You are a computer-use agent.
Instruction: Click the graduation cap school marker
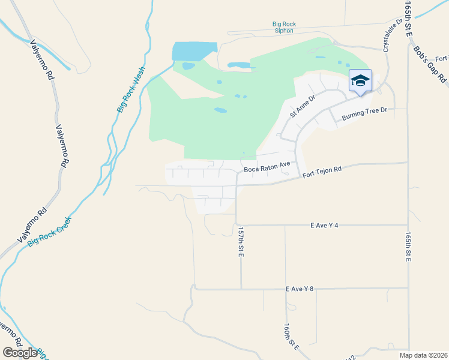click(x=360, y=82)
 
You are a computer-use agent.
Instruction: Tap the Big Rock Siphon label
click(x=284, y=28)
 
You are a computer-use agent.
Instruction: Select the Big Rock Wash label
click(x=131, y=89)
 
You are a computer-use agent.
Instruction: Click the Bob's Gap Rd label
click(x=431, y=64)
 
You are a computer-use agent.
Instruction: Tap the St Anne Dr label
click(x=302, y=106)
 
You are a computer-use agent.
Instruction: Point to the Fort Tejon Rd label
click(x=322, y=172)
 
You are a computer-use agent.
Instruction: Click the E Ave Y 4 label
click(x=325, y=225)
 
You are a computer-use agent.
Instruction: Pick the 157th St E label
click(x=240, y=242)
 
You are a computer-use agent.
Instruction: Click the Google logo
click(x=20, y=353)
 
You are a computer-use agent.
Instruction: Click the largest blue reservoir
click(x=194, y=51)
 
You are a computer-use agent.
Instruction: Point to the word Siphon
click(x=284, y=31)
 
